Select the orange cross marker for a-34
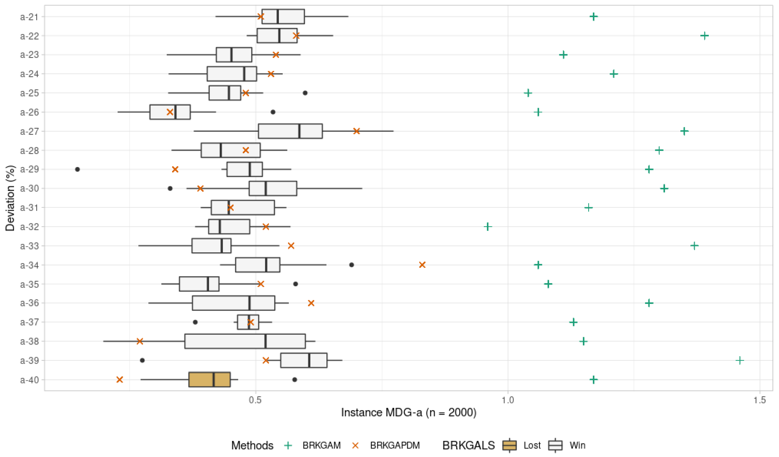click(422, 265)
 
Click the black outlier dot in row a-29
click(78, 169)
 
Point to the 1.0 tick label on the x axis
click(508, 400)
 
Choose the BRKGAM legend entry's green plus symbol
click(288, 445)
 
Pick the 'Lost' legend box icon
click(509, 445)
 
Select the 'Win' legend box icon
click(555, 445)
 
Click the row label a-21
click(29, 17)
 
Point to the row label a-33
click(29, 246)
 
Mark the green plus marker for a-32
click(488, 227)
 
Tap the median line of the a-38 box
click(265, 341)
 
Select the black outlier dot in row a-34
click(351, 265)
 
